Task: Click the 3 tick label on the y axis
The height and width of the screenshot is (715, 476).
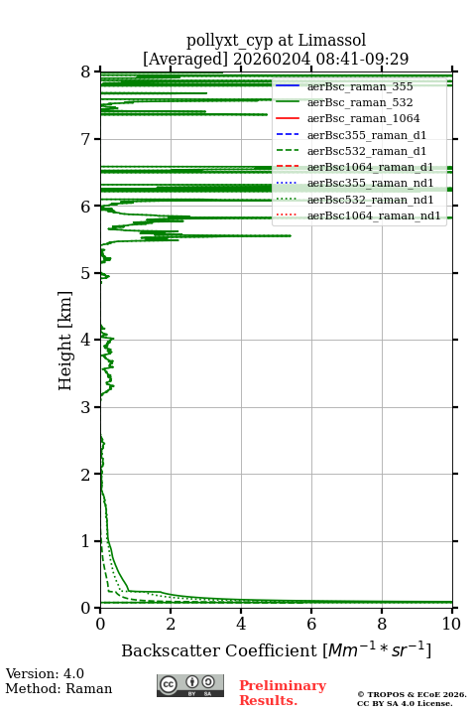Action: tap(86, 407)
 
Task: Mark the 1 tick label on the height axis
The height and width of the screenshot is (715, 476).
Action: tap(86, 541)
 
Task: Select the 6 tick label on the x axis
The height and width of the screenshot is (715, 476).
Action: tap(311, 624)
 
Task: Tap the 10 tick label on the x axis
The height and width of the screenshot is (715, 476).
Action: tap(452, 624)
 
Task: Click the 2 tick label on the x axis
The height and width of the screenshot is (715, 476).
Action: tap(171, 624)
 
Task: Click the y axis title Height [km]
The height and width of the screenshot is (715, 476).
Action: tap(65, 341)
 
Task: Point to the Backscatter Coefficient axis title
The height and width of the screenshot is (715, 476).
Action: tap(276, 649)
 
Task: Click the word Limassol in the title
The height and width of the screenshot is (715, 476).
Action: tap(332, 40)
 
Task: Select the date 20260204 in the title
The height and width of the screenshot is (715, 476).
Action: tap(272, 59)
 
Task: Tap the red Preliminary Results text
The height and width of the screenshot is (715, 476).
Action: tap(283, 693)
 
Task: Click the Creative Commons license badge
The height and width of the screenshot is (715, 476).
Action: tap(190, 685)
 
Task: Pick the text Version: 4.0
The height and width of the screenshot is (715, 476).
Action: tap(45, 673)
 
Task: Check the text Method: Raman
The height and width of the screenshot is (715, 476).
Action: tap(59, 688)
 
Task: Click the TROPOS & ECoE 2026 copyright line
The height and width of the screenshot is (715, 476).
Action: tap(413, 694)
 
